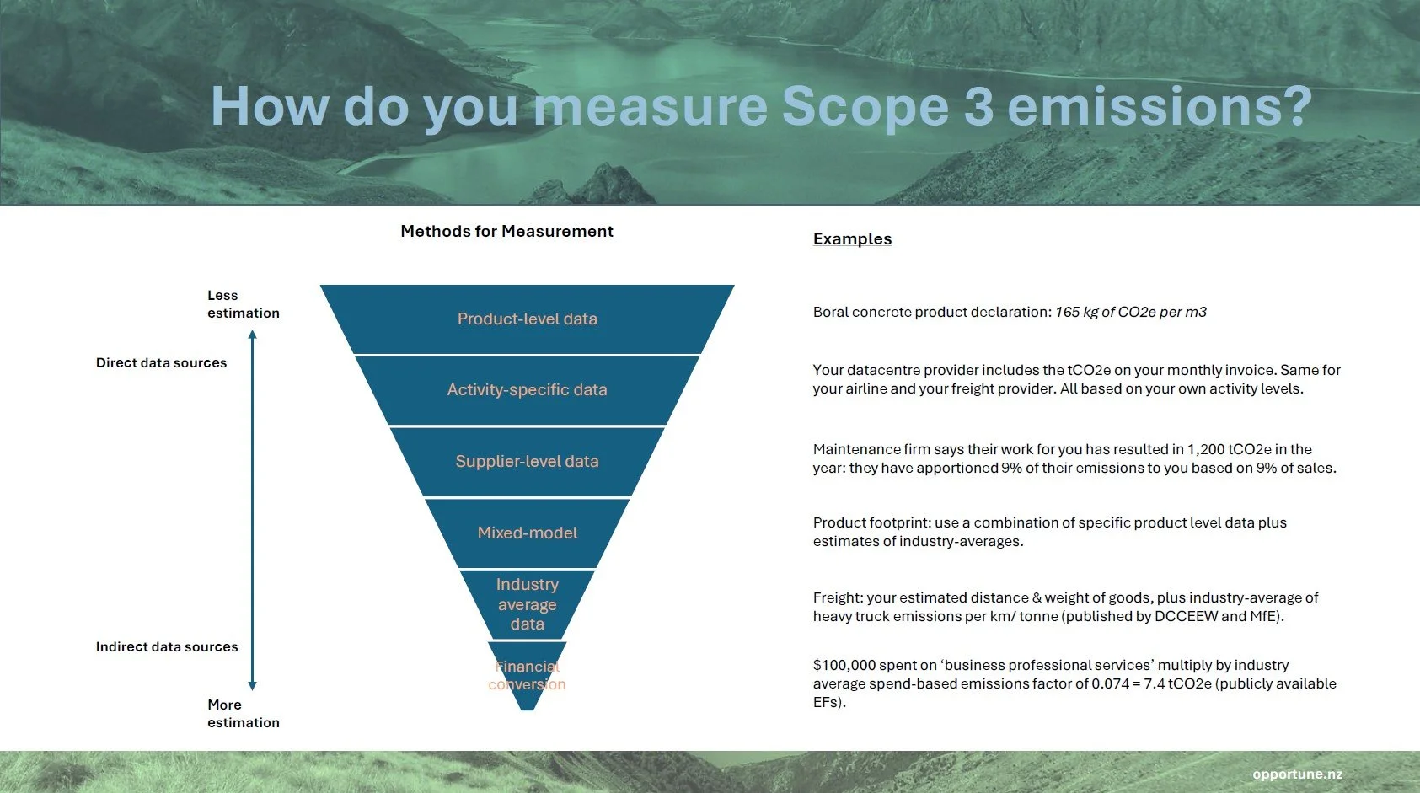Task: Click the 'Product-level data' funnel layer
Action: [x=527, y=319]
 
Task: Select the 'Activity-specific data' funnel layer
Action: [x=527, y=390]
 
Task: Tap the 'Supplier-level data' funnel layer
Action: [x=527, y=462]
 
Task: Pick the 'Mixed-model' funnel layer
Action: [x=527, y=533]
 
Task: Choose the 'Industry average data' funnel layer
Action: [x=527, y=604]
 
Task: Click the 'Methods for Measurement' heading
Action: [x=506, y=232]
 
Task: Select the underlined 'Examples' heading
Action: [x=852, y=239]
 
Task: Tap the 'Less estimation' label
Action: [x=243, y=304]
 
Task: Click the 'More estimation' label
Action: [x=243, y=714]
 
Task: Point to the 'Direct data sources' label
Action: [x=161, y=363]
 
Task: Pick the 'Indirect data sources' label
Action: [x=167, y=647]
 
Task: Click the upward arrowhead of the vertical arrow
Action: [x=252, y=335]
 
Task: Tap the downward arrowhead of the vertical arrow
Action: [x=252, y=685]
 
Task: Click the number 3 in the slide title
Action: [x=978, y=107]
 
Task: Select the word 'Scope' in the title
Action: [x=865, y=107]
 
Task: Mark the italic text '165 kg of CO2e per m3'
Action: [x=1131, y=313]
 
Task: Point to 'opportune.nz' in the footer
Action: [x=1297, y=774]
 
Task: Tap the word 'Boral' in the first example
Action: [x=830, y=313]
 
